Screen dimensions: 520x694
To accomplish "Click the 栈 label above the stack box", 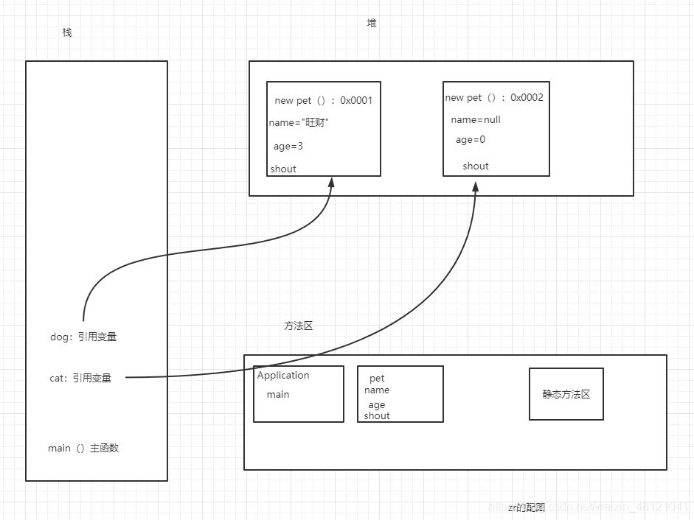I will coord(67,33).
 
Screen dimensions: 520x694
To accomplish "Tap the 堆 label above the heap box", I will coord(372,23).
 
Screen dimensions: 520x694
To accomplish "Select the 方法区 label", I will coord(299,326).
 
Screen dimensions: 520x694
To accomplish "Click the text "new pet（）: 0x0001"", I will coord(323,100).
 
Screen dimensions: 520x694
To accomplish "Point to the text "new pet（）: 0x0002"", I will coord(494,97).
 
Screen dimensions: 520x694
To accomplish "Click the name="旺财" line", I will coord(299,123).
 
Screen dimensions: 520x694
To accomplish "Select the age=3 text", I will coord(288,147).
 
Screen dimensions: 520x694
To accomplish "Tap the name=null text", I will coord(476,119).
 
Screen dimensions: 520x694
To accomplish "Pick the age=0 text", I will coord(471,140).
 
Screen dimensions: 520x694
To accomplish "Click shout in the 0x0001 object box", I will coord(283,169).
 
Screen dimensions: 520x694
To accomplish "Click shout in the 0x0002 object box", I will coord(476,166).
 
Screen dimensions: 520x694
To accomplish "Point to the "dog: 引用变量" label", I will coord(83,337).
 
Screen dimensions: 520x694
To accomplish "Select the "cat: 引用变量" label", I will coord(80,378).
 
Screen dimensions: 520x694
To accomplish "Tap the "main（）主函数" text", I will coord(83,448).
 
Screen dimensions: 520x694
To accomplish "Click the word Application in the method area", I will coord(283,375).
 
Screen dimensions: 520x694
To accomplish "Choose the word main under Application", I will coord(278,394).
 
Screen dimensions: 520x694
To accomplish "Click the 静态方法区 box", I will coord(566,394).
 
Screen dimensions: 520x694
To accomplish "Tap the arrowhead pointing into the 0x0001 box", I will coord(331,183).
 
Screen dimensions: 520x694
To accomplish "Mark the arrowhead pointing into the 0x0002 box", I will coord(476,183).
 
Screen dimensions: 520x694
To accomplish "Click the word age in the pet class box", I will coord(377,404).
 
